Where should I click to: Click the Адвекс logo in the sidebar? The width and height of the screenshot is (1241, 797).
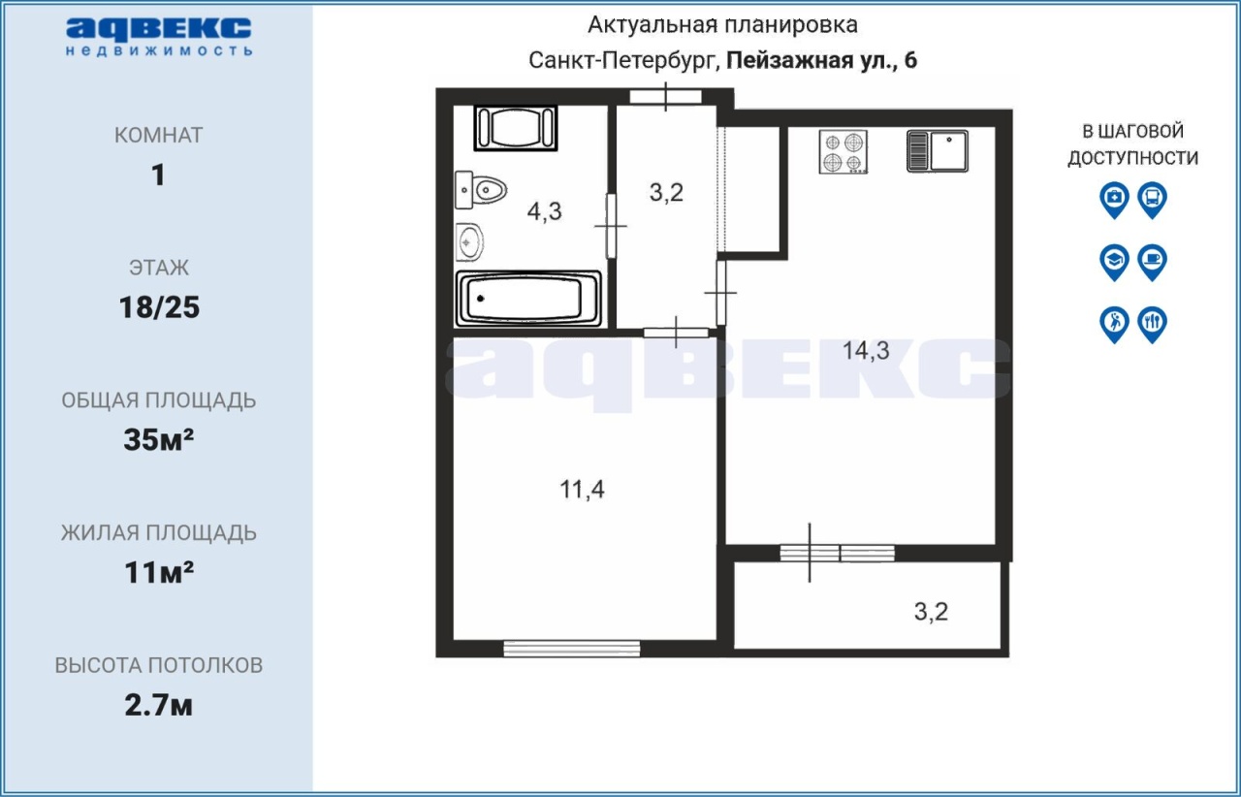159,37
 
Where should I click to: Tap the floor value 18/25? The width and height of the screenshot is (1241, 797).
159,307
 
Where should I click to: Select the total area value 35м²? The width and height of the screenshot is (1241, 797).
158,440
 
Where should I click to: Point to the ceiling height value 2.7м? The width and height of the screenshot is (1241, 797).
158,706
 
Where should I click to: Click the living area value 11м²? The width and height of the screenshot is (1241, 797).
159,572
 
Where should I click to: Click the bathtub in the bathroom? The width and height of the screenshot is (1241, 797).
528,299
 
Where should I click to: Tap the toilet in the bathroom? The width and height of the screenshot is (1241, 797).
480,190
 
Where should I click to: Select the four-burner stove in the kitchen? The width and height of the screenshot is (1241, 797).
843,152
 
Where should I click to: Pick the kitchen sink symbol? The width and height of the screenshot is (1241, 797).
938,150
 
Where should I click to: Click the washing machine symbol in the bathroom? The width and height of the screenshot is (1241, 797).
516,127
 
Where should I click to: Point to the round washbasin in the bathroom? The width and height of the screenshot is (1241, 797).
469,242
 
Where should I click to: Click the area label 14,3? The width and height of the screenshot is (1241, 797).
866,351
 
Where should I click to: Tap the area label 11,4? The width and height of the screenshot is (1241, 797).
582,490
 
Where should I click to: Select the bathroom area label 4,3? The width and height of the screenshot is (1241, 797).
545,211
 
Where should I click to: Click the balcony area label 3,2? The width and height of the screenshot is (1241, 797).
932,612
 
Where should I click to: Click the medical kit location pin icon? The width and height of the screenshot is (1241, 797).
1114,200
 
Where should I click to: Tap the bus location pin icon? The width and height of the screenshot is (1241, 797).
1153,200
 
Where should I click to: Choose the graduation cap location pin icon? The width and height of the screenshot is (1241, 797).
1114,262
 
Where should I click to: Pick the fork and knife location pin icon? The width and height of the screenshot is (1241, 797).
1153,325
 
